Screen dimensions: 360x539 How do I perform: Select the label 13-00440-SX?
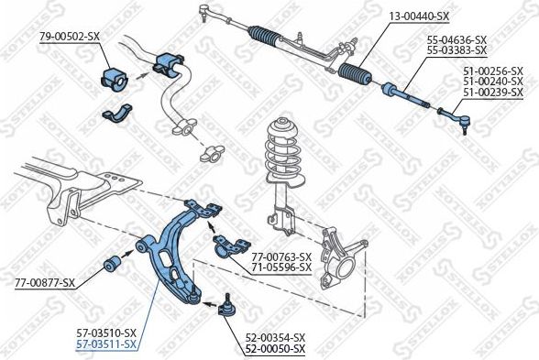[x=419, y=16]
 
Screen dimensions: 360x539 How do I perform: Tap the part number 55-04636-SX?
[x=456, y=39]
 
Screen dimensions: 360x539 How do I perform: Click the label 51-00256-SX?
[x=492, y=70]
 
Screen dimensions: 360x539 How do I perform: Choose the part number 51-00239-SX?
[x=492, y=92]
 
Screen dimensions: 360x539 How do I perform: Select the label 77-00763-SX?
[x=281, y=256]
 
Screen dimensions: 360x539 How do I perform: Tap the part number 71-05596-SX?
[x=281, y=267]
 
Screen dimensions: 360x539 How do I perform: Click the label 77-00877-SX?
[x=44, y=283]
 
